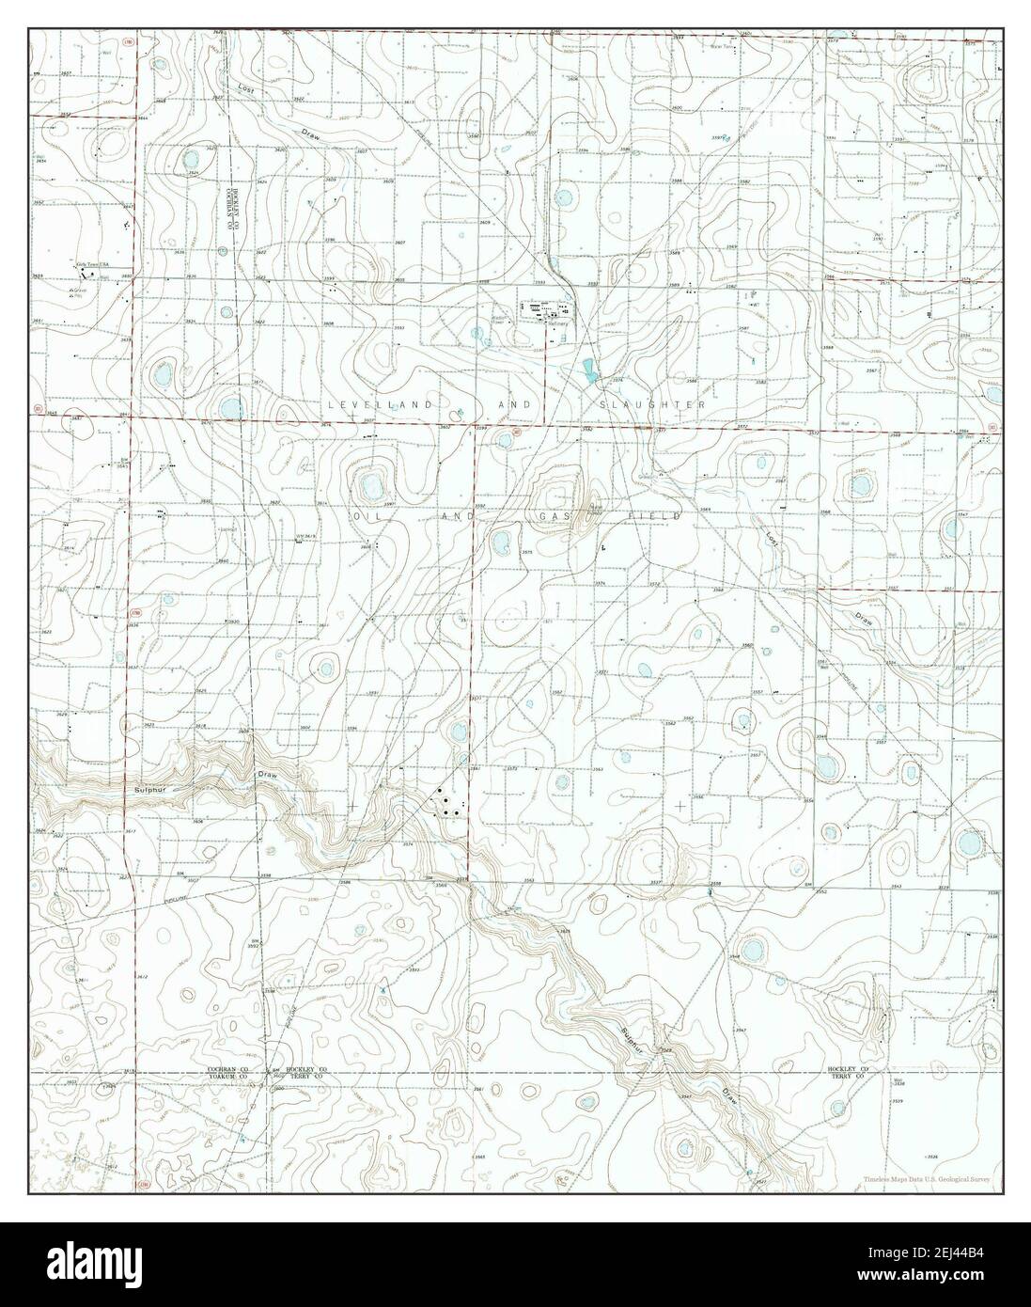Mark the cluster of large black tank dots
coord(445,803)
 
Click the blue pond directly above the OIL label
coord(369,486)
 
